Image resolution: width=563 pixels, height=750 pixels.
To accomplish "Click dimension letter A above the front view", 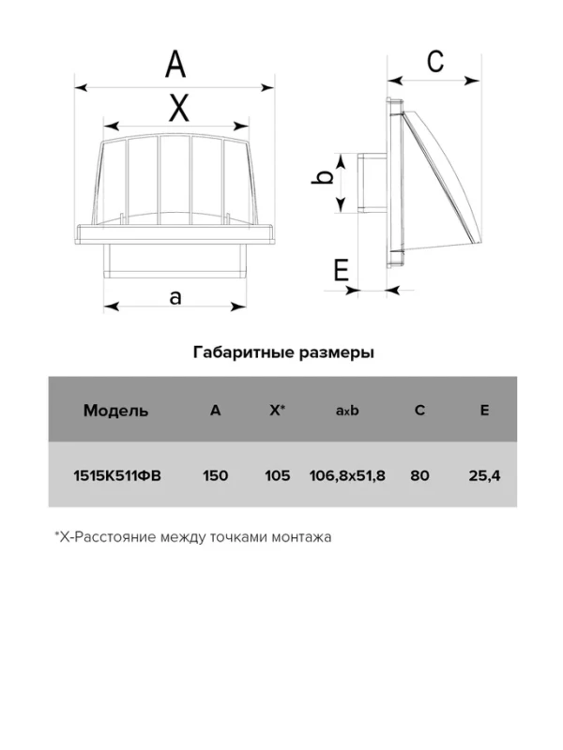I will (175, 66).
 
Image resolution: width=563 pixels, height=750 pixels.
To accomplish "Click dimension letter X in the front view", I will (177, 108).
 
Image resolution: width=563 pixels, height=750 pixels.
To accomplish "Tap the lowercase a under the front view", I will (175, 297).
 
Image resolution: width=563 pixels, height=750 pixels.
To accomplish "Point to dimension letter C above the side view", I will (434, 61).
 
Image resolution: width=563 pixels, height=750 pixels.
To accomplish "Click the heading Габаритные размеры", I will (283, 353).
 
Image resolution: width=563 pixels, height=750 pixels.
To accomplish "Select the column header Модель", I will (115, 410).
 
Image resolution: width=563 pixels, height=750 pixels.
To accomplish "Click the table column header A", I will (216, 410).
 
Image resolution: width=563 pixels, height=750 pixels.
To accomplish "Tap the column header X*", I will (277, 410).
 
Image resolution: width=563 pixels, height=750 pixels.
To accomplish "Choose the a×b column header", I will (347, 410).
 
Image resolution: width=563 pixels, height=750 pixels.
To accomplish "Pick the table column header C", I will (419, 410).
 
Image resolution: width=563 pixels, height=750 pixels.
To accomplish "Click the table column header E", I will (484, 410).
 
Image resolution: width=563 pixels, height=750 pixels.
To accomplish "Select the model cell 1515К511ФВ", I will (116, 475).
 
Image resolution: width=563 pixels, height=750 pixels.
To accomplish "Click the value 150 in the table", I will (216, 475).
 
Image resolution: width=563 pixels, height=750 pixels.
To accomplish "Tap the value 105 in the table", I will (277, 475).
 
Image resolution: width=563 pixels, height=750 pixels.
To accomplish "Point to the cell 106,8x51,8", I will (347, 475).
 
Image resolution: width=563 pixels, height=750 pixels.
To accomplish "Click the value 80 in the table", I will (419, 475).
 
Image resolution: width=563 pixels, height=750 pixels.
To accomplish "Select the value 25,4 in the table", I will (484, 475).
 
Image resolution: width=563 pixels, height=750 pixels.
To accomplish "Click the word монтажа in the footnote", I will (301, 538).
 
